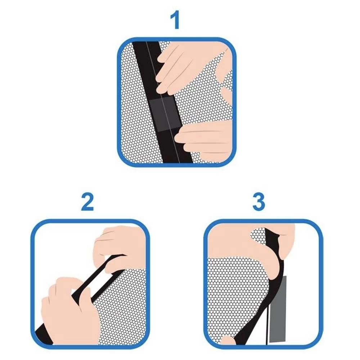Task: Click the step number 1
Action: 175,21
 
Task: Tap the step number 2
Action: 87,202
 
